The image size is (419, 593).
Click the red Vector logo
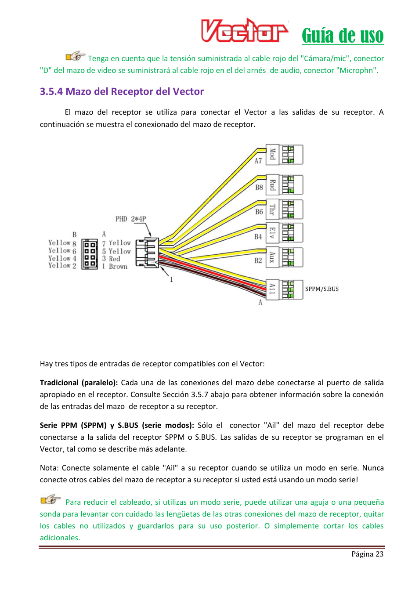[x=244, y=30]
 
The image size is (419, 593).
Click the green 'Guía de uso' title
[x=343, y=36]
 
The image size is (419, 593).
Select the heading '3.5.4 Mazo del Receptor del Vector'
[x=122, y=91]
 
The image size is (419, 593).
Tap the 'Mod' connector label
[x=272, y=154]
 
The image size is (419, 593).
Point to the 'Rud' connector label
[x=272, y=185]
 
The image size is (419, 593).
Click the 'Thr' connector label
[x=272, y=210]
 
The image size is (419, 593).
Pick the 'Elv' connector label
[x=272, y=233]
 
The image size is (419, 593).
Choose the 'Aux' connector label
[x=272, y=257]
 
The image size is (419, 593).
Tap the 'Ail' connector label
[x=272, y=289]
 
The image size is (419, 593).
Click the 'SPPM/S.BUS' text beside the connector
[x=321, y=289]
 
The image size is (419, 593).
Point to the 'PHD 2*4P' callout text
[x=130, y=219]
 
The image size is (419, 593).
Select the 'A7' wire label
[x=258, y=161]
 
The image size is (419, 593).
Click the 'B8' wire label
[x=259, y=188]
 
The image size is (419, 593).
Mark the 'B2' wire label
[x=258, y=260]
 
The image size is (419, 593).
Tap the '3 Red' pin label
[x=111, y=259]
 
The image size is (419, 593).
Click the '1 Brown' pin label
[x=115, y=266]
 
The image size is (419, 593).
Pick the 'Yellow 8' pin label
[x=62, y=243]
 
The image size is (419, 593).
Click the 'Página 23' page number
[x=367, y=554]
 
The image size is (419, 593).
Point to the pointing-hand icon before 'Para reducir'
[x=51, y=499]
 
